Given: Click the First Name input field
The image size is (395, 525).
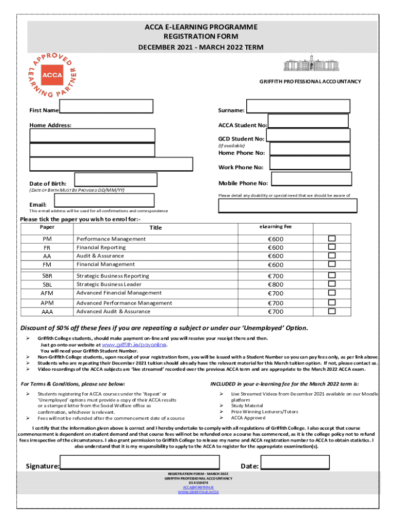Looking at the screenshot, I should point(106,106).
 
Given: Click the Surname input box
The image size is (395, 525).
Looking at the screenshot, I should point(298,106).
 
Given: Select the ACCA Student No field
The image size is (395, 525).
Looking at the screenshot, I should point(308,121).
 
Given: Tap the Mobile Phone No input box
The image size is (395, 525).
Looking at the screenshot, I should point(310,178).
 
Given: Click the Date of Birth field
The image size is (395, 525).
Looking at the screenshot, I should point(116,179).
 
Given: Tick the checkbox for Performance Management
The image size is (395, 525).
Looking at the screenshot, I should point(332,238).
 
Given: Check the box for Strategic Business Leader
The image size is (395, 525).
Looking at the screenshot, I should point(332,284).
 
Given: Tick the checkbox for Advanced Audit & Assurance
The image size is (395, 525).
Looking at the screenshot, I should point(332,311).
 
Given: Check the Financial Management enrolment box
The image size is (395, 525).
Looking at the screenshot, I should point(332,264).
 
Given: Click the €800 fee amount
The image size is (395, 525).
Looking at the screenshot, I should point(275,285).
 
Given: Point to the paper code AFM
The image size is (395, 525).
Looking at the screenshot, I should point(47,293).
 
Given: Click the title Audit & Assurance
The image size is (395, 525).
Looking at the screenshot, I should point(100,256).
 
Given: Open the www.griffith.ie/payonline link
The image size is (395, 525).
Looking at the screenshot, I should point(135,345).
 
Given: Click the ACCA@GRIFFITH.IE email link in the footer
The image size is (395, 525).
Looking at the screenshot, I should point(198,487).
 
